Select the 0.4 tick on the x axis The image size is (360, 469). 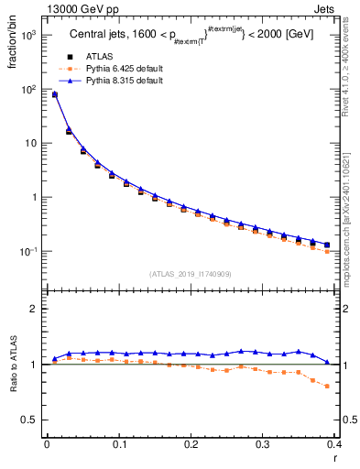[x=334, y=444]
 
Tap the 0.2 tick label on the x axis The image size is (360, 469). [x=191, y=444]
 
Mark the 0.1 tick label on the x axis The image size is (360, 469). [x=118, y=444]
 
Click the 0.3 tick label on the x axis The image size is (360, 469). [x=262, y=444]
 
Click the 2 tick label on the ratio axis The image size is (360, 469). [x=35, y=309]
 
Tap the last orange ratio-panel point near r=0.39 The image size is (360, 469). [x=327, y=386]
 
